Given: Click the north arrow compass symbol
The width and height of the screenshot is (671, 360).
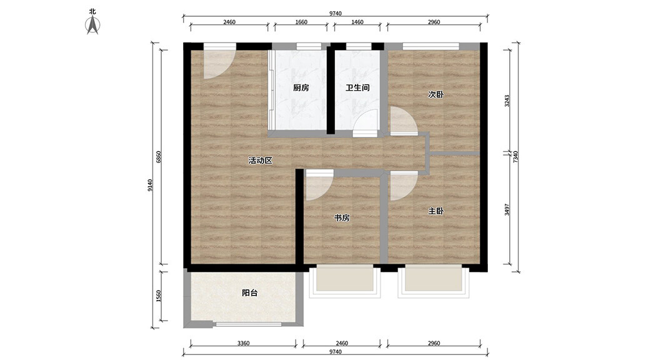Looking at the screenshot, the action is click(93, 25).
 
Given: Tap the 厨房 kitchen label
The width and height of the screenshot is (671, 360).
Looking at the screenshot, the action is click(301, 87).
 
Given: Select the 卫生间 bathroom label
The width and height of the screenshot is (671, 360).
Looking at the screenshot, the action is click(357, 87).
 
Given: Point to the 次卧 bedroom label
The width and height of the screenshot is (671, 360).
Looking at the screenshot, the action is click(435, 94).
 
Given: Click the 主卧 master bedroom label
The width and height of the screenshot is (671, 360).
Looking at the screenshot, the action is click(435, 211).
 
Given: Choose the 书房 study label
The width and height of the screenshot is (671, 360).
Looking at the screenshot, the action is click(342, 218).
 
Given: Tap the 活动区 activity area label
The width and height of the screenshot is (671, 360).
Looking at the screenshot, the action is click(260, 161).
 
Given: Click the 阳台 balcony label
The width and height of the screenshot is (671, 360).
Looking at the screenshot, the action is click(249, 293).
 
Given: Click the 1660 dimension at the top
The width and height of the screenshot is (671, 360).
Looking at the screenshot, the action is click(301, 22).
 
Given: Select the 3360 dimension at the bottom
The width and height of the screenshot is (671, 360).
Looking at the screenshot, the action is click(243, 343).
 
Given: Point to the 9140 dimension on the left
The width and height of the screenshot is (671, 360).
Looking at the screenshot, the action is click(149, 185).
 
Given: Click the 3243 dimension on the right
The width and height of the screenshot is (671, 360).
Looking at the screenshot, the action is click(507, 100).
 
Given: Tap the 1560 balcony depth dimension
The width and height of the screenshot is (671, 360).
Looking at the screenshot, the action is click(158, 296).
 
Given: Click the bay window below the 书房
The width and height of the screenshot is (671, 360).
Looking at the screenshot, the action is click(344, 281).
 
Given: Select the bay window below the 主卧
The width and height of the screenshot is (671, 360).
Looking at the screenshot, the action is click(434, 281).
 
